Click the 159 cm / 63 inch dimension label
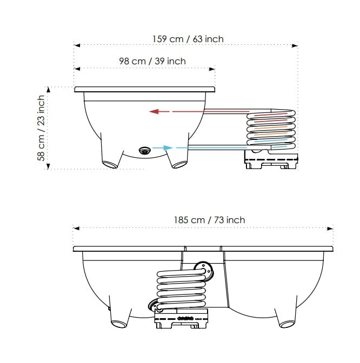pyautogui.click(x=188, y=39)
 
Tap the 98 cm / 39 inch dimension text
pyautogui.click(x=152, y=61)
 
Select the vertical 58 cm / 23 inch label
pyautogui.click(x=41, y=132)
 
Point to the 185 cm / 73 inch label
pyautogui.click(x=209, y=220)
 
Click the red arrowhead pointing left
pyautogui.click(x=154, y=112)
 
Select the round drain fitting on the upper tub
pyautogui.click(x=144, y=151)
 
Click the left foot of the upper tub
pyautogui.click(x=111, y=161)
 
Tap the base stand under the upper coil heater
pyautogui.click(x=271, y=159)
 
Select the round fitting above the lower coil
pyautogui.click(x=202, y=270)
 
